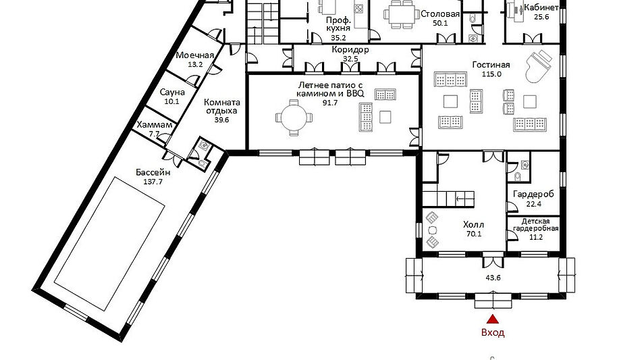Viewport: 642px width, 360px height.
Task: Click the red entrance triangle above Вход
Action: click(493, 319)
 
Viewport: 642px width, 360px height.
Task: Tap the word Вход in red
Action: click(493, 332)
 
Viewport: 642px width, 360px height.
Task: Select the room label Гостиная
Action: click(491, 65)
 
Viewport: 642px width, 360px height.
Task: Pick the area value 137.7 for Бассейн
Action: click(153, 182)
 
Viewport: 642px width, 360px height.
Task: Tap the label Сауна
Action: click(172, 92)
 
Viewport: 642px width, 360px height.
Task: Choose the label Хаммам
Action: click(155, 124)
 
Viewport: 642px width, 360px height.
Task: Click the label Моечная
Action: click(195, 55)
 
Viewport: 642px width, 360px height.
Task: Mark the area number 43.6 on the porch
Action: click(493, 278)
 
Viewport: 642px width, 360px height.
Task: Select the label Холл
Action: click(473, 224)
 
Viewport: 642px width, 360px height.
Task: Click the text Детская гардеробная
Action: click(535, 225)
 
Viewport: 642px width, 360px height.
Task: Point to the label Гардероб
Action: click(533, 194)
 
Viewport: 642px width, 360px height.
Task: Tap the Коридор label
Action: click(350, 50)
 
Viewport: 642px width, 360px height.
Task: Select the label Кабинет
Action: click(541, 8)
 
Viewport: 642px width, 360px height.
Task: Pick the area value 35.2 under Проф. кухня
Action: click(339, 38)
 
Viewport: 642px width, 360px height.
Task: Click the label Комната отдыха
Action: click(221, 107)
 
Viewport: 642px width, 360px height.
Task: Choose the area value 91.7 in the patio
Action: click(330, 103)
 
